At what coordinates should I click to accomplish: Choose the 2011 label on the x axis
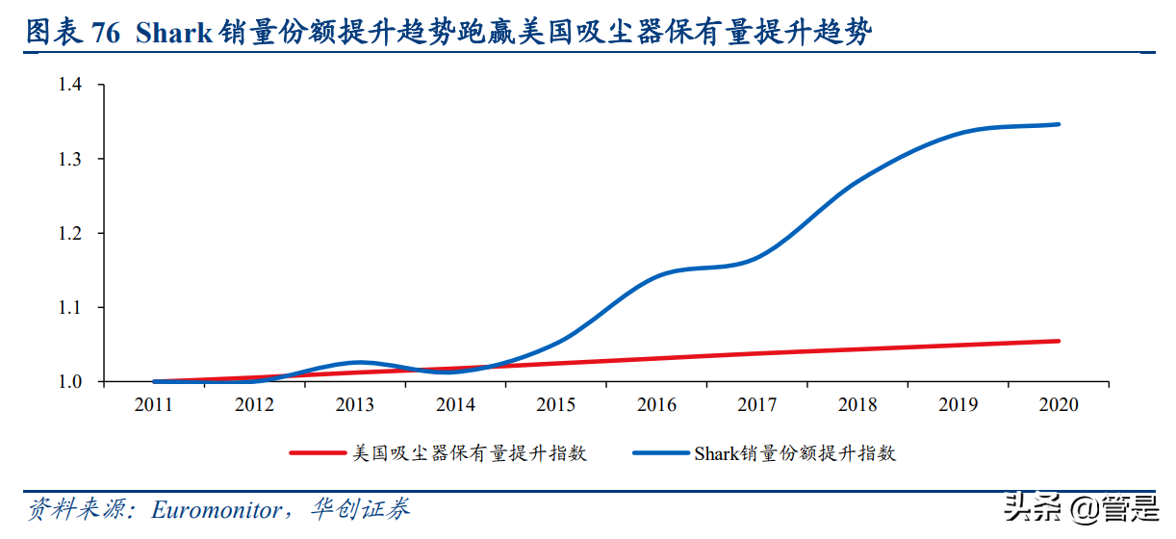click(x=154, y=405)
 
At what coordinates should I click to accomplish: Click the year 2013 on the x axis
click(x=355, y=405)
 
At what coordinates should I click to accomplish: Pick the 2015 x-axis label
click(x=556, y=405)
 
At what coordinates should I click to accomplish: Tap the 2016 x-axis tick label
click(x=656, y=405)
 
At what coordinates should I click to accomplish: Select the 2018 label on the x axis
click(x=857, y=405)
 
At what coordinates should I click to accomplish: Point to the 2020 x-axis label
click(x=1059, y=405)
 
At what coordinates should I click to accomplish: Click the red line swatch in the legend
click(x=318, y=452)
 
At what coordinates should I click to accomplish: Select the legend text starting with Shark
click(x=795, y=452)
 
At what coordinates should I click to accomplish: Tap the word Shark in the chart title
click(x=174, y=33)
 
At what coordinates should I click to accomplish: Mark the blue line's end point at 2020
click(x=1059, y=124)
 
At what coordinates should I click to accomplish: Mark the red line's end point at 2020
click(x=1059, y=341)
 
